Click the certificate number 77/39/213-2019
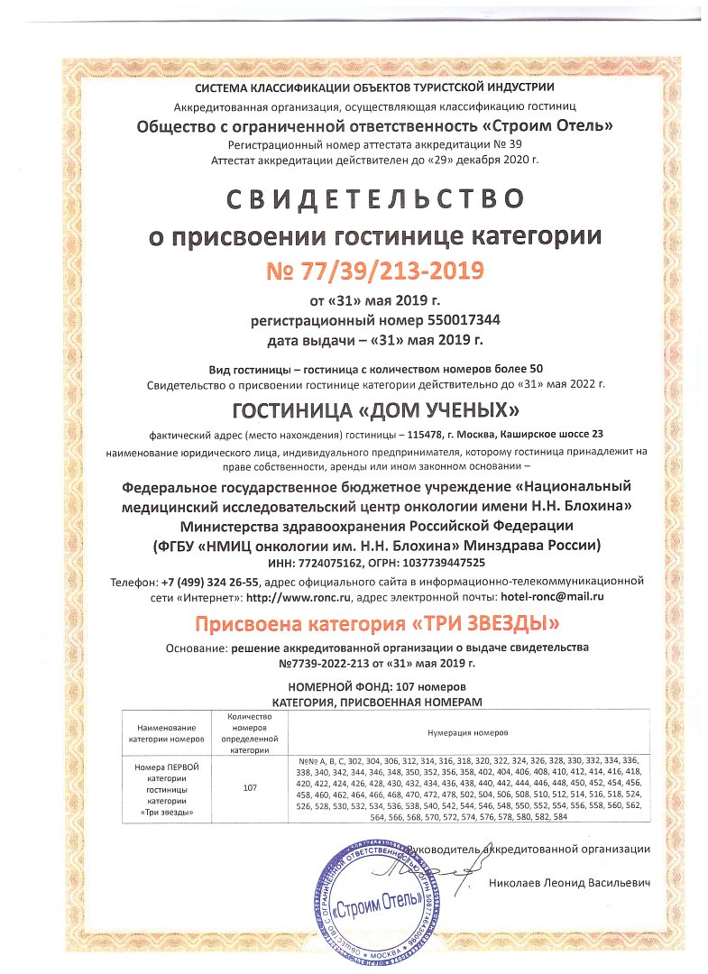pyautogui.click(x=374, y=270)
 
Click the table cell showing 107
pyautogui.click(x=251, y=787)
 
